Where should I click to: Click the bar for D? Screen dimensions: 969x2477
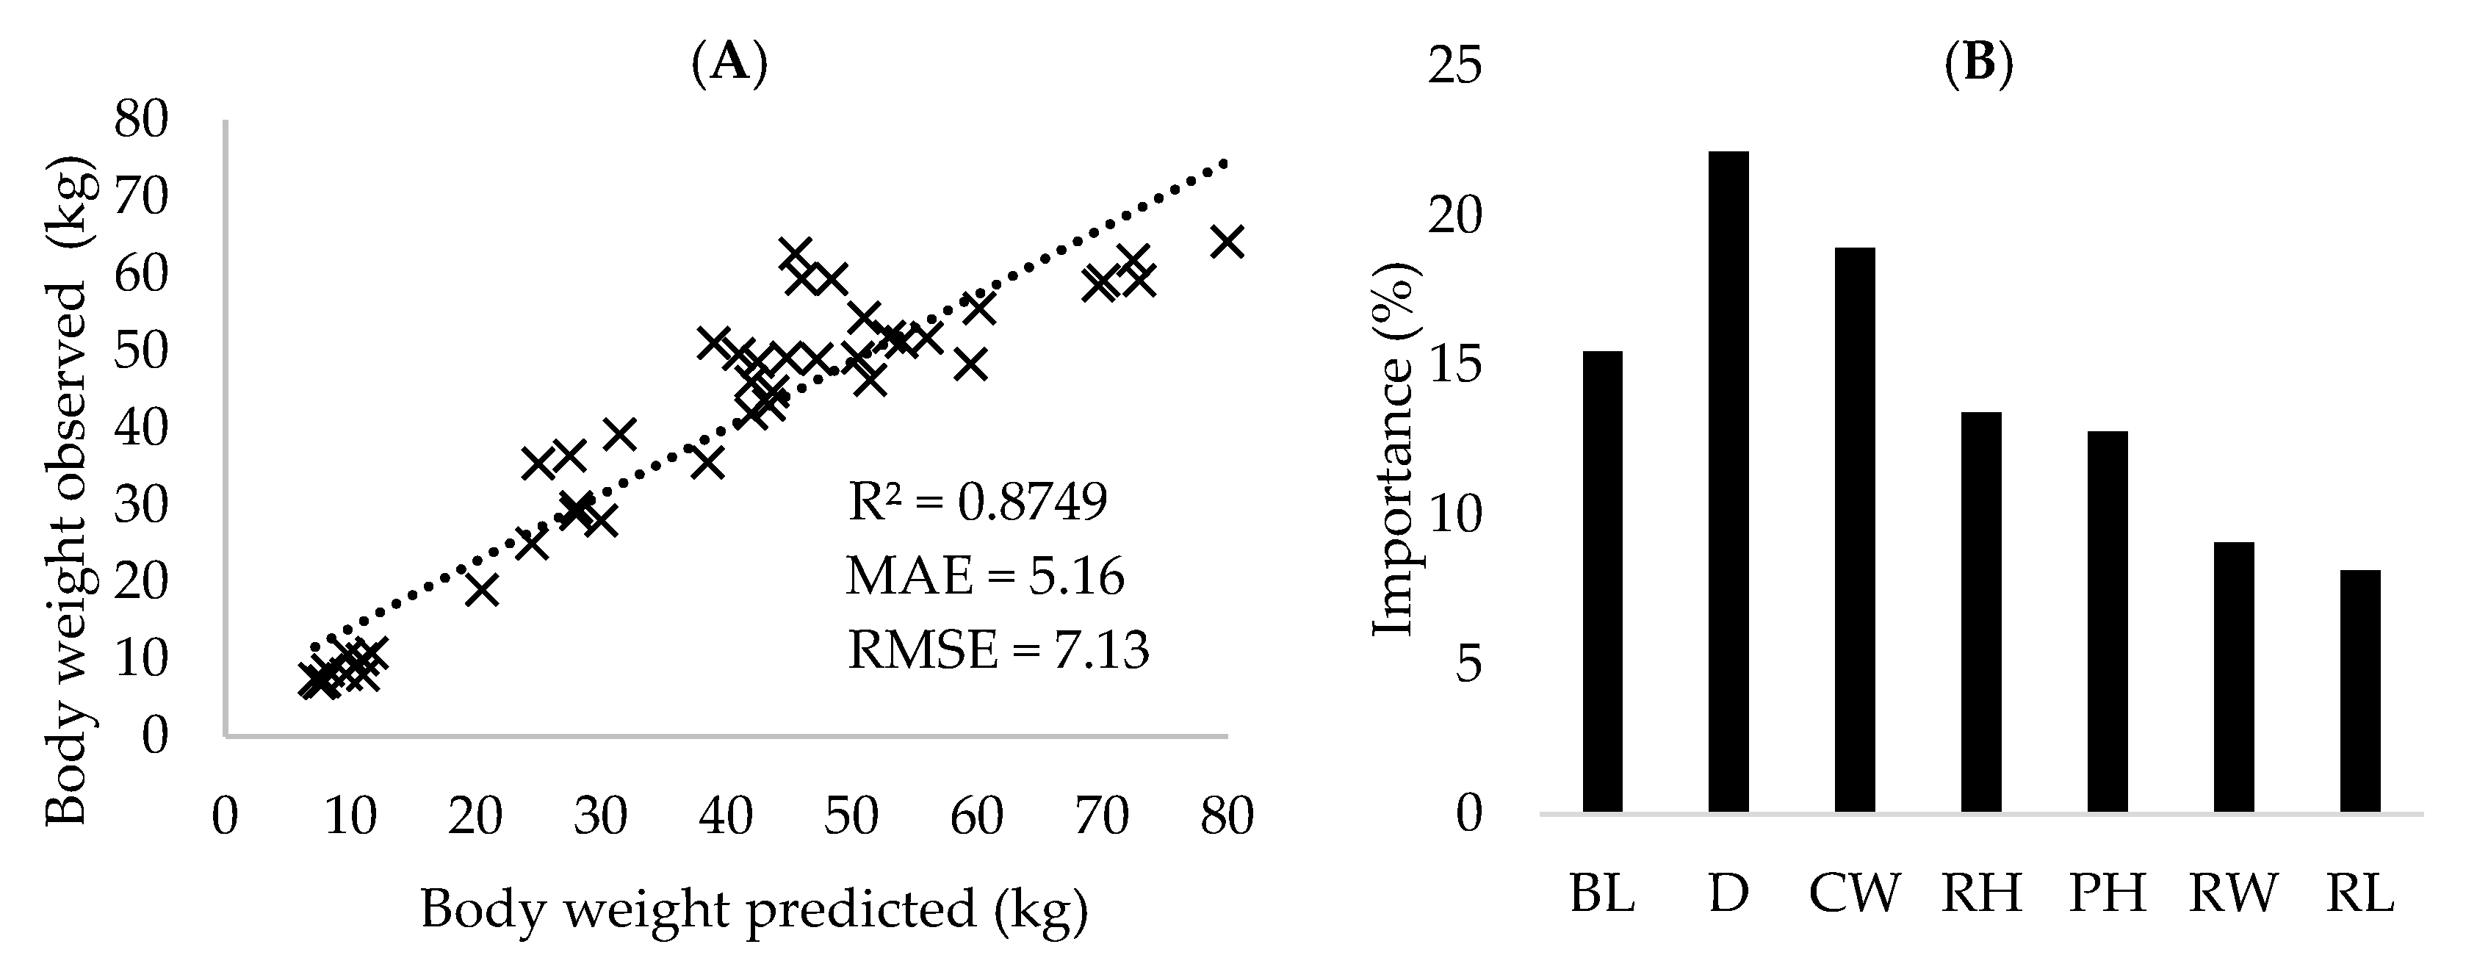tap(1727, 480)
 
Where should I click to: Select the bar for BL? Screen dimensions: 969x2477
tap(1602, 582)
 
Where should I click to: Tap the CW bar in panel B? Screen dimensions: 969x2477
tap(1854, 529)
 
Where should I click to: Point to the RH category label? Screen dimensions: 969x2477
tap(1981, 893)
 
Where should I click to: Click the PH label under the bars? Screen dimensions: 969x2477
tap(2107, 893)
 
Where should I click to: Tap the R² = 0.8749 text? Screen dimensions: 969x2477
tap(977, 502)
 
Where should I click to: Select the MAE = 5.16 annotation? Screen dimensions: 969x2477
tap(984, 577)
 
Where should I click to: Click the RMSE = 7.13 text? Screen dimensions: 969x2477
tap(998, 651)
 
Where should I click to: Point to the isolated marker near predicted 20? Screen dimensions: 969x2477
tap(482, 589)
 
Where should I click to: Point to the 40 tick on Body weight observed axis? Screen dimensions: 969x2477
tap(141, 427)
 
